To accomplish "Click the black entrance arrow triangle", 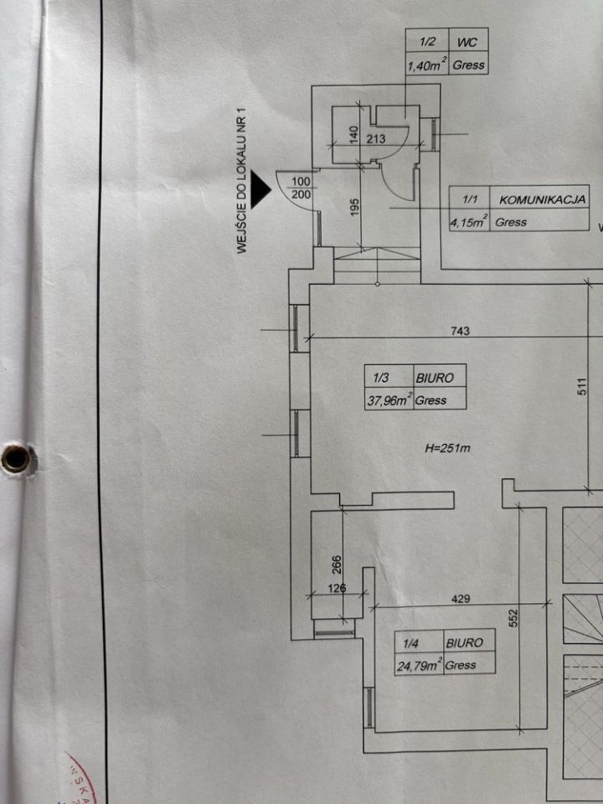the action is pyautogui.click(x=260, y=189).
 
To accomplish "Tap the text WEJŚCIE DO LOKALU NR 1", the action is pyautogui.click(x=243, y=184).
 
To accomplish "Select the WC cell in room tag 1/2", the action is pyautogui.click(x=467, y=42).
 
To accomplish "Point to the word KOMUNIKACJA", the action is pyautogui.click(x=542, y=200).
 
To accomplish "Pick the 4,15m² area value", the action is pyautogui.click(x=468, y=221).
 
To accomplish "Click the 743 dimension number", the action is pyautogui.click(x=460, y=332).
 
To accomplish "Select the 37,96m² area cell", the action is pyautogui.click(x=389, y=400).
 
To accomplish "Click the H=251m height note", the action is pyautogui.click(x=447, y=448).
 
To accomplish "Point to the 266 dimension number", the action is pyautogui.click(x=338, y=565).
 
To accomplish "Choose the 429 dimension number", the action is pyautogui.click(x=461, y=598).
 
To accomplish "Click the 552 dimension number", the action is pyautogui.click(x=514, y=617).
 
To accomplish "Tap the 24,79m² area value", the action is pyautogui.click(x=419, y=666).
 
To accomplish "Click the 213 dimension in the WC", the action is pyautogui.click(x=376, y=138).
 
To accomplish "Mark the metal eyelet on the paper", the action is pyautogui.click(x=15, y=458).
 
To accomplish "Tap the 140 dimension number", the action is pyautogui.click(x=353, y=137).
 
